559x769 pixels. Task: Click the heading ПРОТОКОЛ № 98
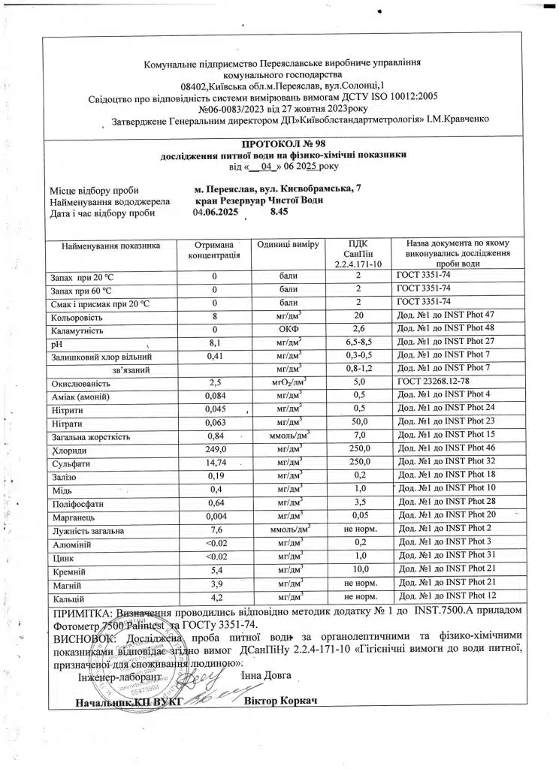285,143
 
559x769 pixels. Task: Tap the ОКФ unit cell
289,330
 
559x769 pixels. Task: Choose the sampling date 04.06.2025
215,213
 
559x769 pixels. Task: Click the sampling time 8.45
279,213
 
